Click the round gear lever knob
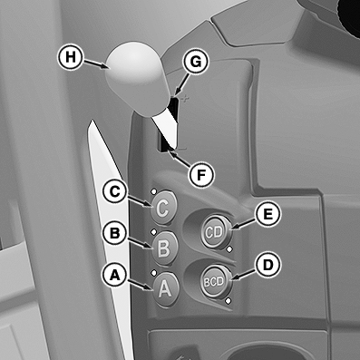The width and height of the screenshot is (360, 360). click(136, 78)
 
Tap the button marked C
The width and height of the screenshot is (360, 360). click(163, 208)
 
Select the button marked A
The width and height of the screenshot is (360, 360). click(165, 289)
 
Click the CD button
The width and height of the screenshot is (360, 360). click(215, 231)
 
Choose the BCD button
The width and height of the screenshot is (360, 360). click(215, 282)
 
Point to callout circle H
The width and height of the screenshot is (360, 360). click(70, 57)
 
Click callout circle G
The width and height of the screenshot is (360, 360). click(196, 62)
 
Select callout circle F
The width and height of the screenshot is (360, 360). click(200, 174)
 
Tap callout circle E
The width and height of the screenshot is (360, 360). click(268, 214)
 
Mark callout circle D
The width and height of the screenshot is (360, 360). click(268, 265)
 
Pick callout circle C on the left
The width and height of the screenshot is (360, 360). click(115, 191)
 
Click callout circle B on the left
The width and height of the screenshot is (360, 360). click(114, 233)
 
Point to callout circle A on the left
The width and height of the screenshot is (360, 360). click(114, 275)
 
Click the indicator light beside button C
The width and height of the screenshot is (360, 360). click(153, 191)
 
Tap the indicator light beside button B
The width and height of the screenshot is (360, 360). click(153, 232)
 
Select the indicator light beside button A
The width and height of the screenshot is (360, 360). click(153, 273)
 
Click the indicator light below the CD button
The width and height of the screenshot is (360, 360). click(229, 249)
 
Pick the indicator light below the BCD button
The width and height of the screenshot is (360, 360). click(229, 301)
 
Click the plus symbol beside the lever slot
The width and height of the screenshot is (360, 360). click(185, 99)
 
